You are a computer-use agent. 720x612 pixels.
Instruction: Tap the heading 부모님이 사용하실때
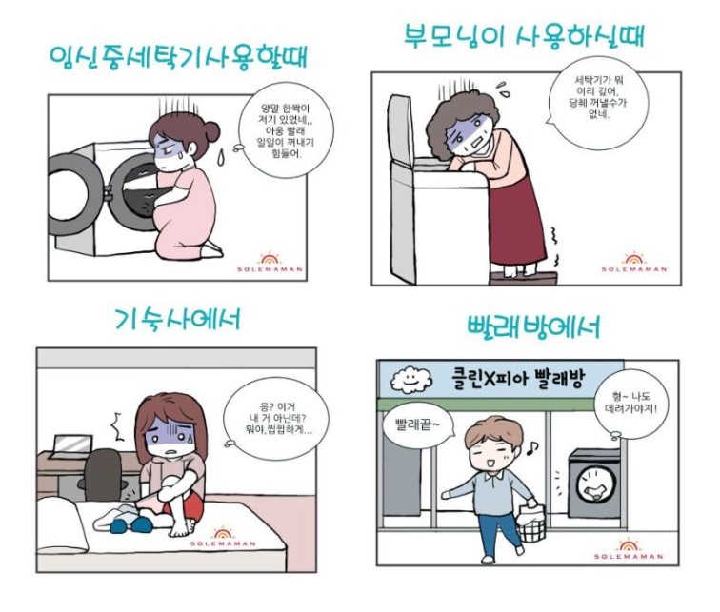pyautogui.click(x=525, y=35)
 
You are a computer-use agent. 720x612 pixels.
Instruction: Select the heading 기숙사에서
pyautogui.click(x=177, y=318)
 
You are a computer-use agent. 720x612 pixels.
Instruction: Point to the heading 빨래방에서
pyautogui.click(x=533, y=327)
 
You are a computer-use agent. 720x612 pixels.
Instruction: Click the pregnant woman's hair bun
pyautogui.click(x=211, y=130)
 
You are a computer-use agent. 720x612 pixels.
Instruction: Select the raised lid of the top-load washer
pyautogui.click(x=400, y=130)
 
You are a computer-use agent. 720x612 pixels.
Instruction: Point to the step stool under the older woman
pyautogui.click(x=525, y=278)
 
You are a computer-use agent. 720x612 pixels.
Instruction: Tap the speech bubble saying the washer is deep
pyautogui.click(x=597, y=103)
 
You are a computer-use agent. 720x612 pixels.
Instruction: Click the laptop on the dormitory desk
pyautogui.click(x=71, y=446)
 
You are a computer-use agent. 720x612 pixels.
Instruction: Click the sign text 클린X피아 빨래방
pyautogui.click(x=517, y=379)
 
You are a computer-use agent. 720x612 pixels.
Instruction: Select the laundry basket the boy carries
pyautogui.click(x=530, y=523)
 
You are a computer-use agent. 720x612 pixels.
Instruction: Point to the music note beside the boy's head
pyautogui.click(x=532, y=447)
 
